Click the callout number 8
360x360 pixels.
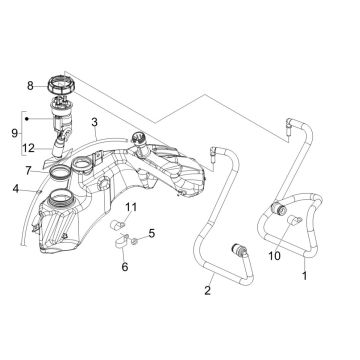point(30,87)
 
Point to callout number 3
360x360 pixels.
point(93,125)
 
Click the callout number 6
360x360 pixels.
point(125,267)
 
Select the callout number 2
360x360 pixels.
point(206,291)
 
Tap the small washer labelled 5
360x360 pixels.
point(137,236)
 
